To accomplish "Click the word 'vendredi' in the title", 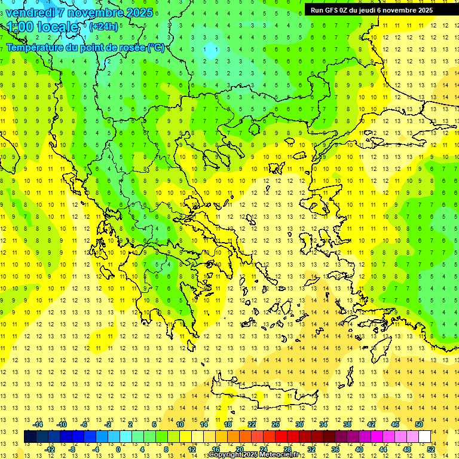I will click(x=31, y=12).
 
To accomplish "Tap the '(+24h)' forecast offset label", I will click(x=103, y=26).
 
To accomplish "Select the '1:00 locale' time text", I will click(x=43, y=27).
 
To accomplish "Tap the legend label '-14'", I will click(x=37, y=424).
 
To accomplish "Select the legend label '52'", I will click(x=430, y=449).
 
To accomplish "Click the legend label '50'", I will click(x=418, y=424).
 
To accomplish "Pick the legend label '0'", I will click(x=118, y=449).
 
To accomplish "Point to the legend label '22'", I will click(x=252, y=424).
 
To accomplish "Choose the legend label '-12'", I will click(x=49, y=449).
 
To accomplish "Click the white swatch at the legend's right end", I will click(x=425, y=437).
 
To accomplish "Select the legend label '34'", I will click(x=323, y=424).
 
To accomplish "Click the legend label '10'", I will click(x=180, y=424).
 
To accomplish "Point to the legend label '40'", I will click(x=359, y=449).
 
